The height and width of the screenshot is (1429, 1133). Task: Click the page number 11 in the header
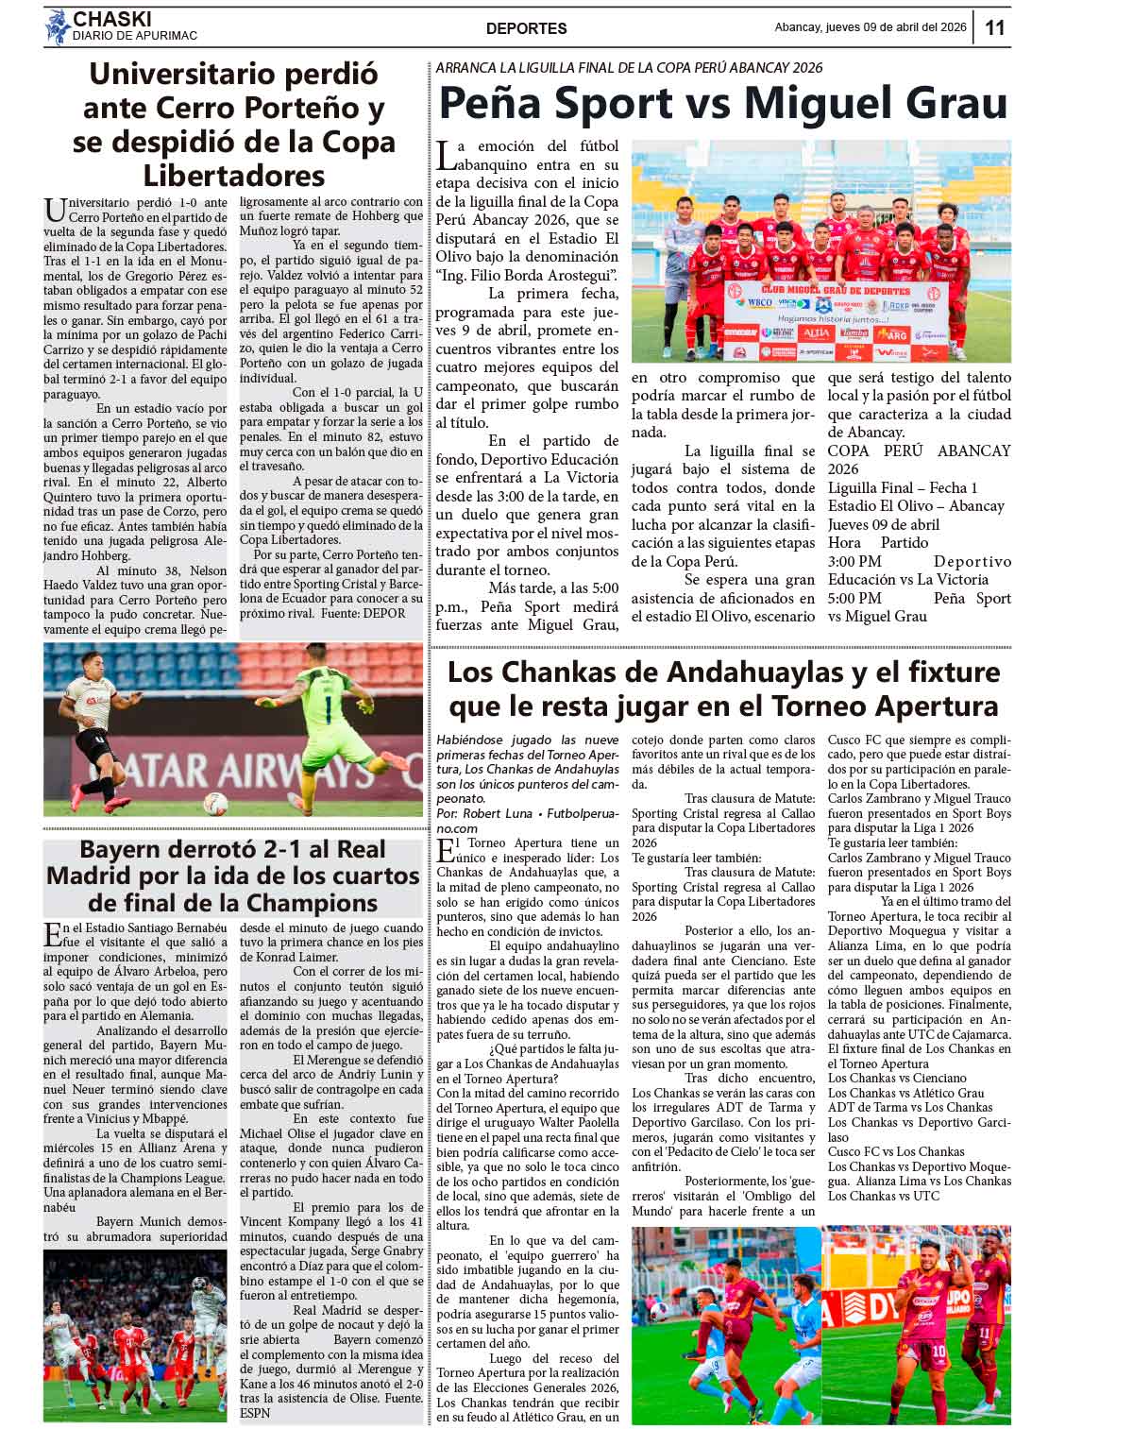coord(995,27)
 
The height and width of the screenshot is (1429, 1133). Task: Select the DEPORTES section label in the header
coord(526,28)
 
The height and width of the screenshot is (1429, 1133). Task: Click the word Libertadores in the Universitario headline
coord(233,176)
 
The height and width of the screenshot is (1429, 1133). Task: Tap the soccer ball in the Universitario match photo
coord(216,803)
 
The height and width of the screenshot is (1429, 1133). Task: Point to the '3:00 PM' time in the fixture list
coord(854,562)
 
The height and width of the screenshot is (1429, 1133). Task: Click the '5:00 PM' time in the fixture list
coord(854,598)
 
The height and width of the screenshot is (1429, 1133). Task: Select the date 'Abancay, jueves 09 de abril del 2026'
coord(870,27)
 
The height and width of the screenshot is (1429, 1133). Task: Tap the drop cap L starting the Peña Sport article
coord(447,155)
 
